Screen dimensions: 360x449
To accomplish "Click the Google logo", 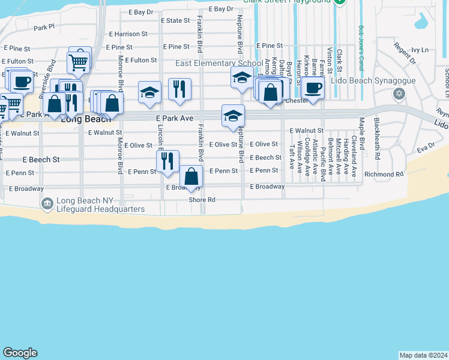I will click(20, 353).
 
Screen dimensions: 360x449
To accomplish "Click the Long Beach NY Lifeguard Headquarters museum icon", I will click(47, 204).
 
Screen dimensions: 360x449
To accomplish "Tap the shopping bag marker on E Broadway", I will click(191, 176).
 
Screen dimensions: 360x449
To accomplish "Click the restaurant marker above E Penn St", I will click(167, 161).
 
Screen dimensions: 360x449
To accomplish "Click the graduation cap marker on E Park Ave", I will click(233, 115).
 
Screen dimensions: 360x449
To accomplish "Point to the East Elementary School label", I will click(218, 64).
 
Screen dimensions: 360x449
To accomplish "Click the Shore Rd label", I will click(202, 200).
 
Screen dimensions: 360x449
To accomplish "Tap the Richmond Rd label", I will click(384, 175).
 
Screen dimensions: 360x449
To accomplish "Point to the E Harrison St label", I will click(129, 34).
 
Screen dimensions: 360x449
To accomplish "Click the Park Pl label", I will click(44, 27).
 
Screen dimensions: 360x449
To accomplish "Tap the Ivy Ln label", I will click(420, 50).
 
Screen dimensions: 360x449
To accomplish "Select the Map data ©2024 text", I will click(423, 355).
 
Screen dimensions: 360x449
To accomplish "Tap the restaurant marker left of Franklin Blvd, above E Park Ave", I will click(179, 89).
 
